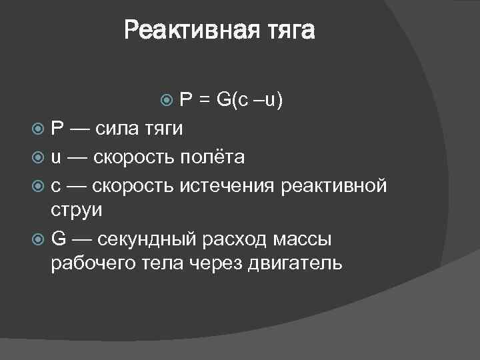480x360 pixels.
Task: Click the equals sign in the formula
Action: pyautogui.click(x=203, y=101)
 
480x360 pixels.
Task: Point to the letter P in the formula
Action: pyautogui.click(x=186, y=100)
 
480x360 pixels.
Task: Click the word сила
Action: pyautogui.click(x=119, y=129)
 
